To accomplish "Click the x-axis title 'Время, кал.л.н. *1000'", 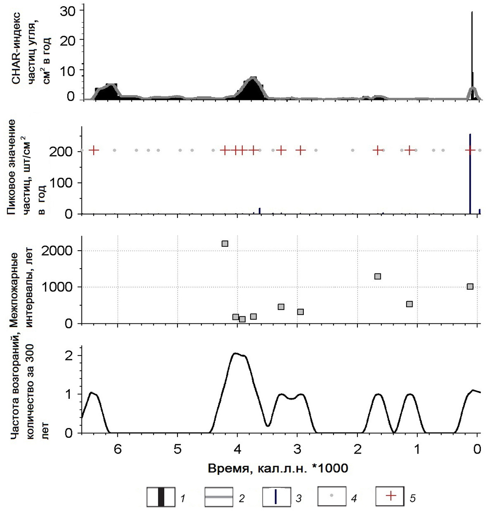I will point(277,469).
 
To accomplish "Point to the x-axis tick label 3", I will point(297,449).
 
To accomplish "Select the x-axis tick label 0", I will point(478,449).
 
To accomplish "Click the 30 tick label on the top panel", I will point(67,10).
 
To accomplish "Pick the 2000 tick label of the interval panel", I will point(58,251).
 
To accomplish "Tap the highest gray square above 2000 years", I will point(225,243).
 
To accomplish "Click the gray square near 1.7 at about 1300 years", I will point(377,276).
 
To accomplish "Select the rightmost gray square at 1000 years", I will point(470,286).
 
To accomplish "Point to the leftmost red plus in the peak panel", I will point(94,150).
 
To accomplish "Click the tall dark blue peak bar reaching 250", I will point(470,171).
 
